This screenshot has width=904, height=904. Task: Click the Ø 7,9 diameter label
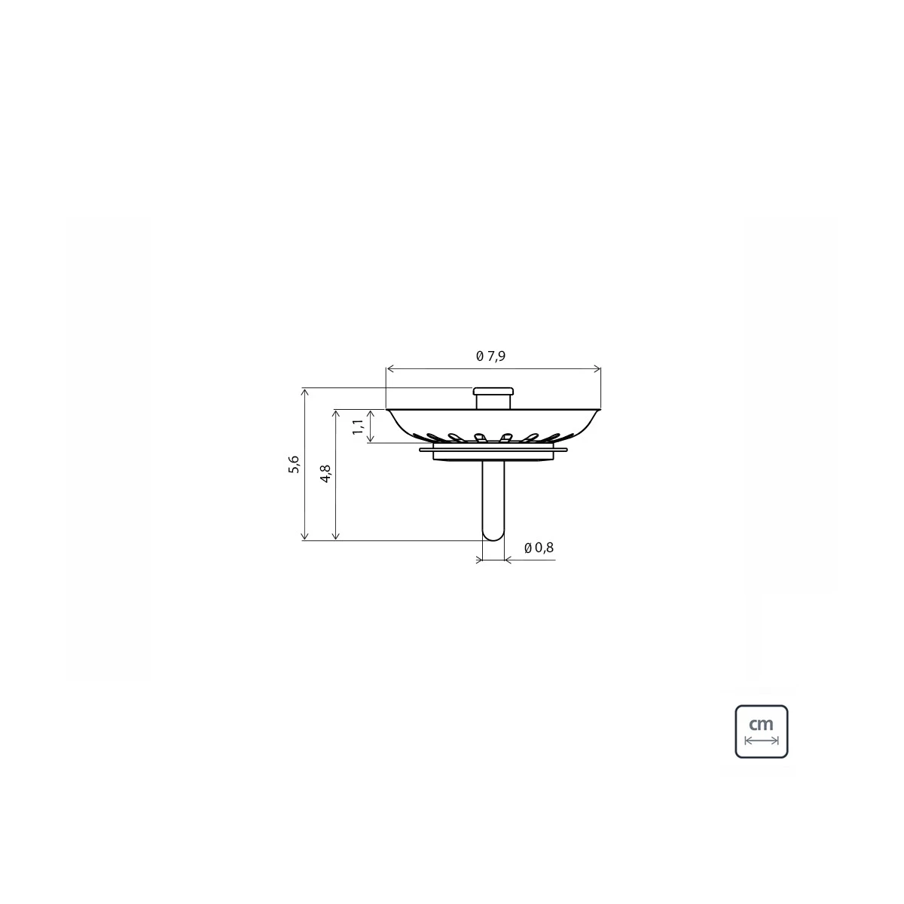[490, 356]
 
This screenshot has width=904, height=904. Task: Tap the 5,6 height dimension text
[294, 465]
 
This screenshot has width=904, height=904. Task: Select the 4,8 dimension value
[325, 474]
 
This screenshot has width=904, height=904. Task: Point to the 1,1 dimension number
[358, 427]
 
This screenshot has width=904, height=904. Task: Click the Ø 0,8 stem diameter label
[539, 548]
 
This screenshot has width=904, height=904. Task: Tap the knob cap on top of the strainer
[493, 391]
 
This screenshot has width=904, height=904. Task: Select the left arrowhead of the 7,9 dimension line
[389, 369]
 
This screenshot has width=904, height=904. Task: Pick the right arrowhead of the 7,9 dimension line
[597, 369]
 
